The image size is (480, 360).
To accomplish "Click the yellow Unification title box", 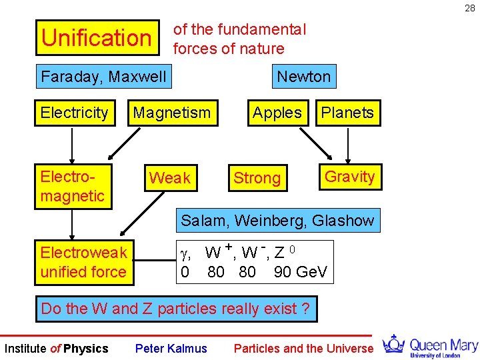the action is pyautogui.click(x=97, y=37).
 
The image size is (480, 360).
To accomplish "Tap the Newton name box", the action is pyautogui.click(x=303, y=77).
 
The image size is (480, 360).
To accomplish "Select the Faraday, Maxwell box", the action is pyautogui.click(x=103, y=77).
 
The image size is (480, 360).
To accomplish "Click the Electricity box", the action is pyautogui.click(x=74, y=113).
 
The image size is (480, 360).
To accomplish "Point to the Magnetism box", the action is pyautogui.click(x=171, y=113).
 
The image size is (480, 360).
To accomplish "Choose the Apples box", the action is pyautogui.click(x=277, y=113).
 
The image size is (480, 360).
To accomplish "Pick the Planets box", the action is pyautogui.click(x=347, y=113).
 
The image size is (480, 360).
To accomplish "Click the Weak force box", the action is pyautogui.click(x=169, y=178).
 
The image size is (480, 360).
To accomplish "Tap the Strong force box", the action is pyautogui.click(x=257, y=178).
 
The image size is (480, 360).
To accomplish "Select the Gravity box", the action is pyautogui.click(x=349, y=177).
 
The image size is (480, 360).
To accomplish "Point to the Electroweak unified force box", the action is pyautogui.click(x=83, y=262).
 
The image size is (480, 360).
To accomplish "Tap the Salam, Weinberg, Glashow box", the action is pyautogui.click(x=277, y=220).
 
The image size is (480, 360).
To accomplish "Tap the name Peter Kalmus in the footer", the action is pyautogui.click(x=171, y=348).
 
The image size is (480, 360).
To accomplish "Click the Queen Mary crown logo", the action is pyautogui.click(x=394, y=344).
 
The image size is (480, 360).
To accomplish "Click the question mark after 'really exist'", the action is pyautogui.click(x=305, y=309).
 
